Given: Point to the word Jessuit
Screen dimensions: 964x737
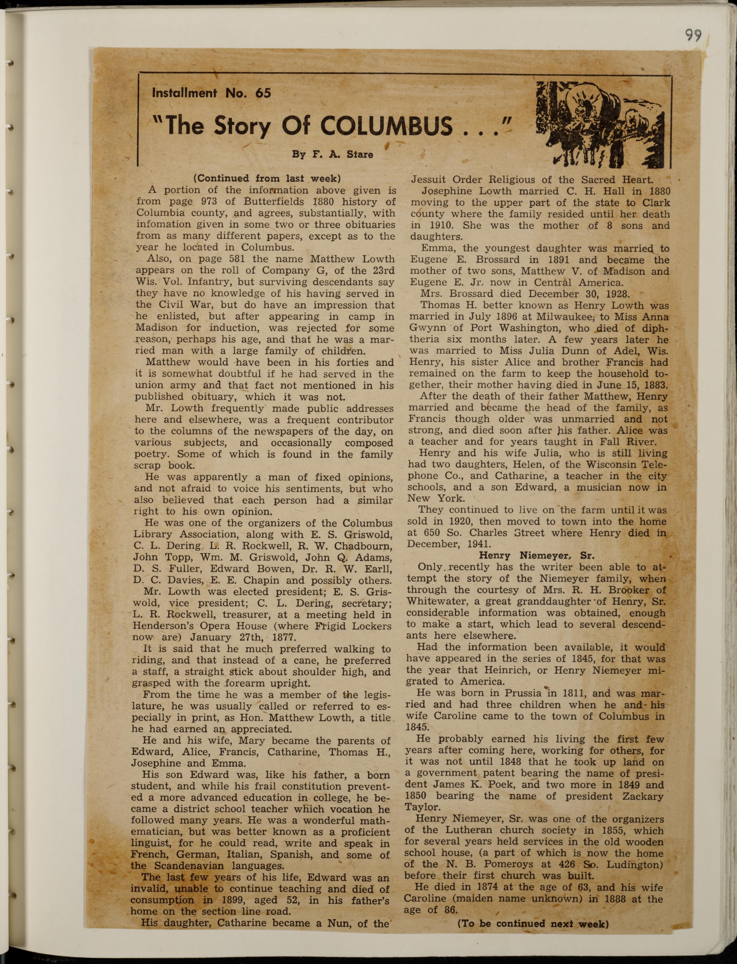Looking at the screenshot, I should click(x=428, y=180).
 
